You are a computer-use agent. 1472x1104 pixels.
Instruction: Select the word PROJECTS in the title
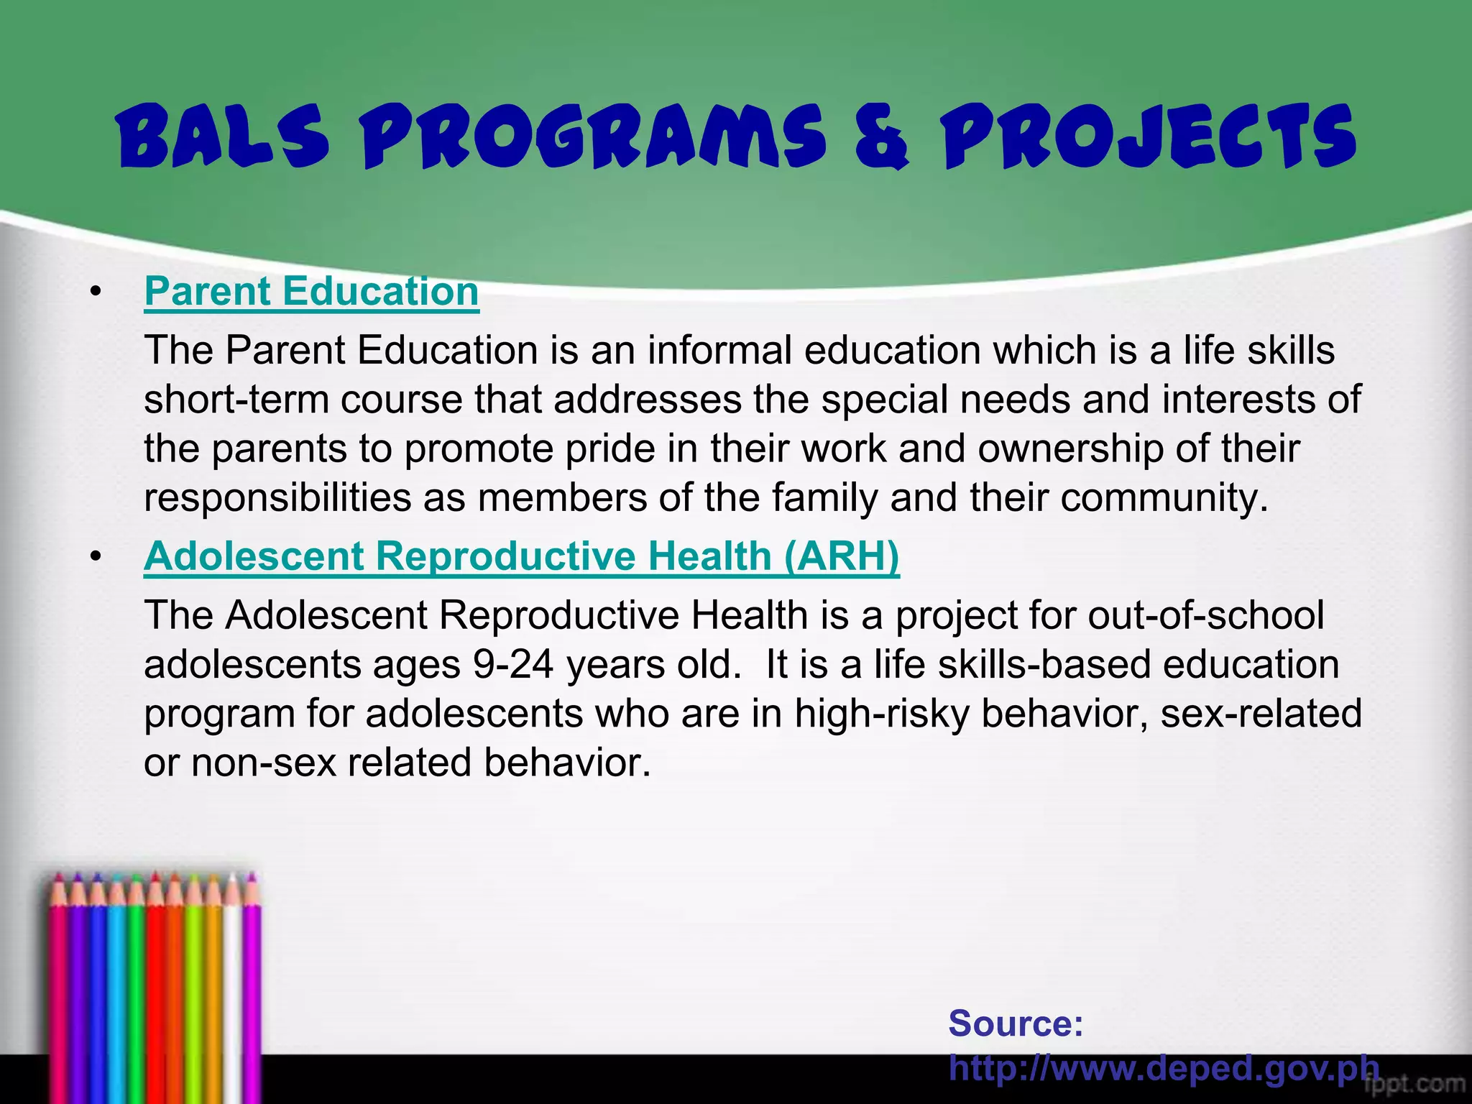pos(1148,136)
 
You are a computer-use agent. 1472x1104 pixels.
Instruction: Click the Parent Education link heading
pos(311,292)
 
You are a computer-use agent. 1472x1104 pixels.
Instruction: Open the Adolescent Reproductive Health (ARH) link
pos(521,556)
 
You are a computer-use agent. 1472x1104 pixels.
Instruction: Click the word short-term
pos(236,400)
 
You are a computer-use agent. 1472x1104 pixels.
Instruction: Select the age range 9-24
pos(513,665)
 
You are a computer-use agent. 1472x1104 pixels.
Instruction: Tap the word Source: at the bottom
pos(1016,1023)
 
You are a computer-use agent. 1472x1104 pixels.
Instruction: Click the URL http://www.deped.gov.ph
pos(1164,1068)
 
